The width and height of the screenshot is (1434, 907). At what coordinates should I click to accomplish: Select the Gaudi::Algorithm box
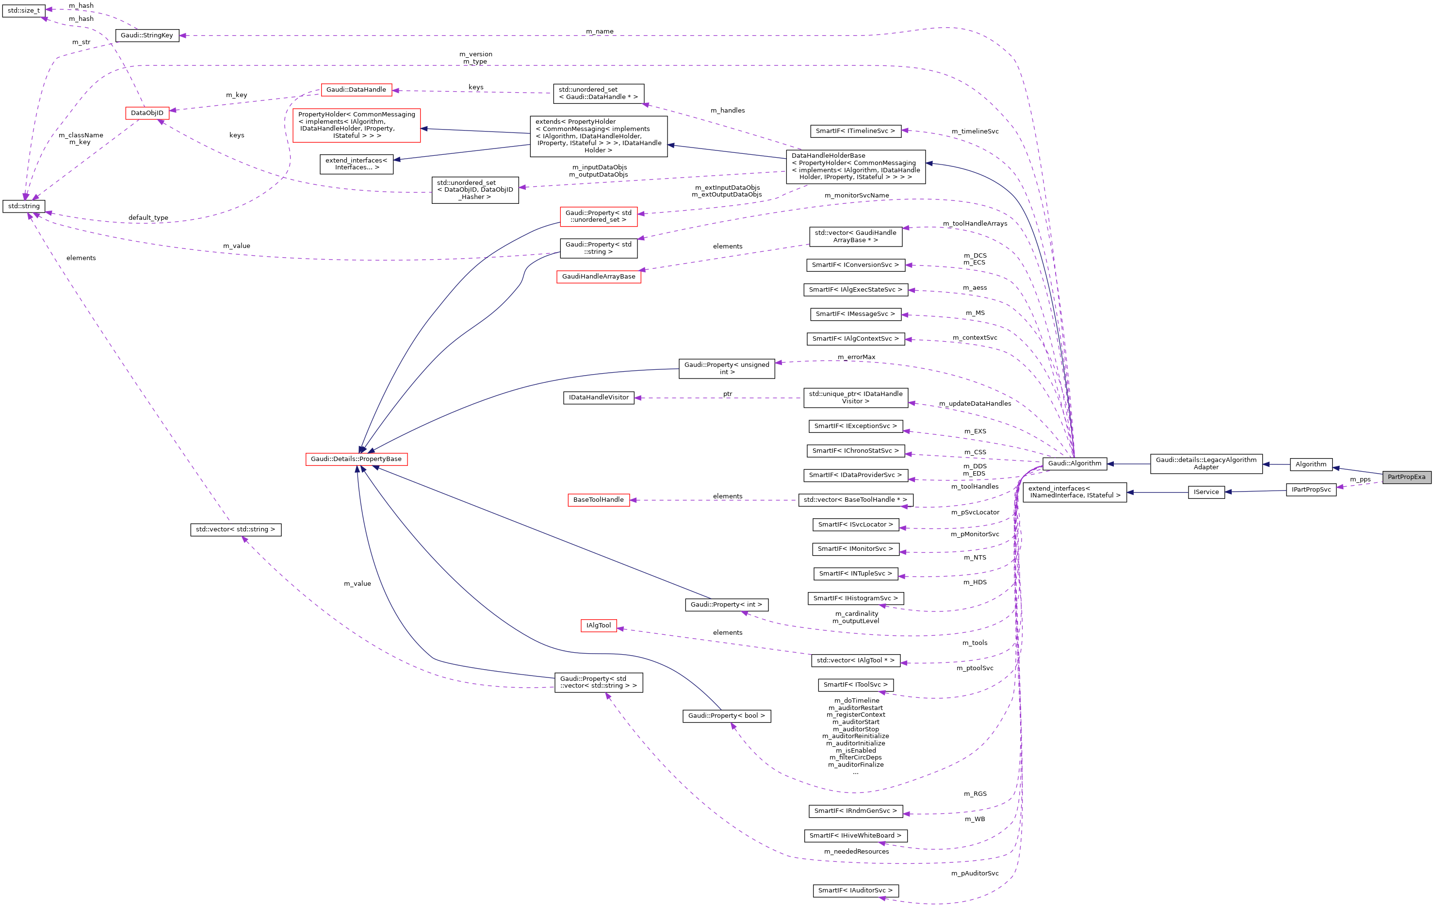pos(1075,463)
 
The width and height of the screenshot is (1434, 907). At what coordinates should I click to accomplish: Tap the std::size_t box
pos(24,11)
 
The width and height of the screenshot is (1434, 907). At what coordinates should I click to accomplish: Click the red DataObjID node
pos(147,113)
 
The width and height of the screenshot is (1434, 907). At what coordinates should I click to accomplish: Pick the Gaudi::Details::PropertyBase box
pos(356,459)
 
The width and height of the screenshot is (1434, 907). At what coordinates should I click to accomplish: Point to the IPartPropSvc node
pos(1311,490)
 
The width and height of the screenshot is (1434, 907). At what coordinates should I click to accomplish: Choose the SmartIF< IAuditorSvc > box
pos(855,891)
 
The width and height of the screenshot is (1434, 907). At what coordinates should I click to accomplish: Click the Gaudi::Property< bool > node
pos(727,716)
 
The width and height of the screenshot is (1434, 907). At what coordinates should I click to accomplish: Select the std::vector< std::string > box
pos(235,529)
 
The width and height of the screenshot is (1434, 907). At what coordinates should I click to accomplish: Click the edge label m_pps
pos(1360,479)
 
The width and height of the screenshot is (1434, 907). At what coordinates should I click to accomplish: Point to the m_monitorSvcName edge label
pos(856,196)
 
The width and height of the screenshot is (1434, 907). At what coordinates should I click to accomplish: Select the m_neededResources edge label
pos(856,852)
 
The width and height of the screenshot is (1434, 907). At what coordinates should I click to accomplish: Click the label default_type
pos(148,218)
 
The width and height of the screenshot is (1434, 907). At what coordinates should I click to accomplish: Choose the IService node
pos(1206,492)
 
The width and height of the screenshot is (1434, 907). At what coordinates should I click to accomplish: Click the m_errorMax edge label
pos(856,357)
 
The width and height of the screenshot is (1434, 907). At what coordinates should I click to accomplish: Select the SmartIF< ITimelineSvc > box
pos(855,131)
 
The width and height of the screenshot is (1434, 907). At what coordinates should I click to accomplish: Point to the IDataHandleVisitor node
pos(599,398)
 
